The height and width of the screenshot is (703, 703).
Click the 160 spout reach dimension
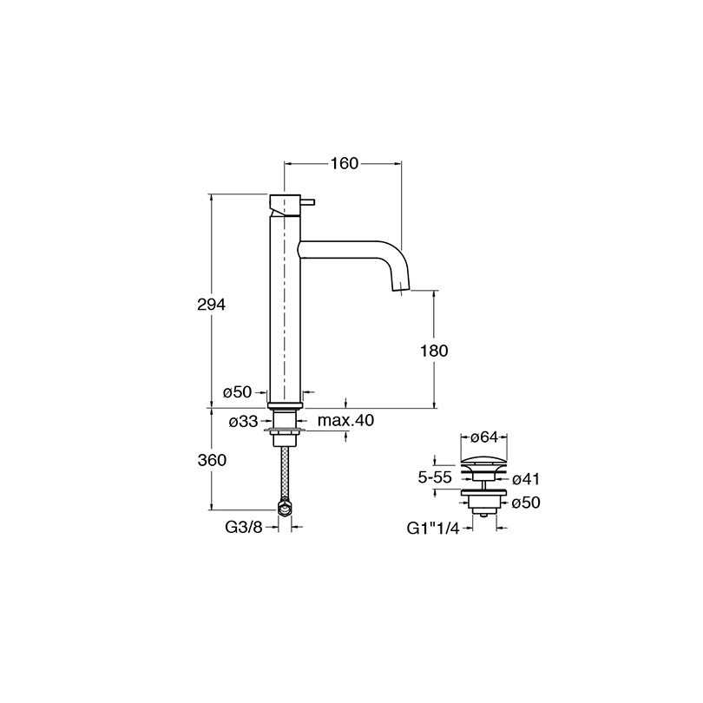345,164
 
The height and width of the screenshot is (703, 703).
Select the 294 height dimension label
211,305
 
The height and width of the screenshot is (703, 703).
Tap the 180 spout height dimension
434,351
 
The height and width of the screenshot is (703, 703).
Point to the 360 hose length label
212,460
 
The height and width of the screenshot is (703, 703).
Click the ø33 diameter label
244,422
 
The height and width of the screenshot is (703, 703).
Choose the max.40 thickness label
345,421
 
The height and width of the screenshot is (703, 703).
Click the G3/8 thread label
244,528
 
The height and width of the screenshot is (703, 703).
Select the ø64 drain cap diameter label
484,437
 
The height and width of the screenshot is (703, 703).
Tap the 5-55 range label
435,477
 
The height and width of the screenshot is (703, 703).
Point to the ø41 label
525,479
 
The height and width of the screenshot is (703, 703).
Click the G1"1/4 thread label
433,529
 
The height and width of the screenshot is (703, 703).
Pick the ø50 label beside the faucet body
238,392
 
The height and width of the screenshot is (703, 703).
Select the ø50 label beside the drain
526,503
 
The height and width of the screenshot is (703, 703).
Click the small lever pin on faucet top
309,201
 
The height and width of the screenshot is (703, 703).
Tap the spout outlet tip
401,289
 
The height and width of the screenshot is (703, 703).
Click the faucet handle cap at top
285,205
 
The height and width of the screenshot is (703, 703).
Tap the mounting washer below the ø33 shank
285,430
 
